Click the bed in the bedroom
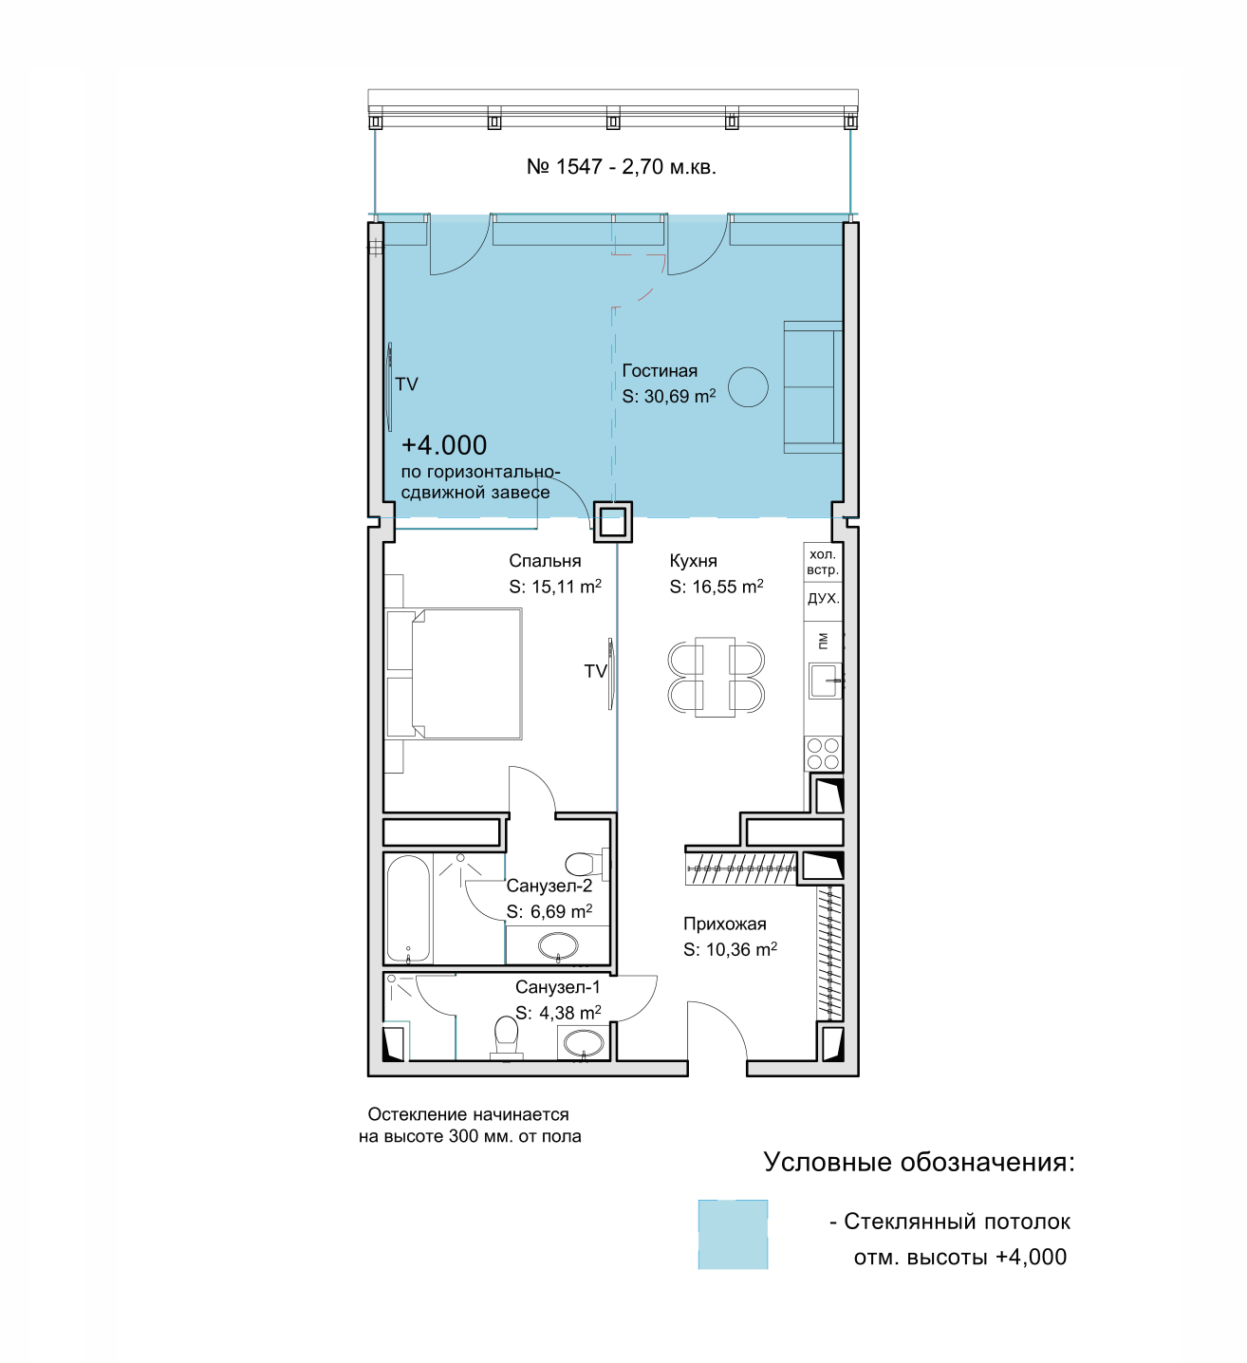tap(454, 673)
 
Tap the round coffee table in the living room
tap(748, 386)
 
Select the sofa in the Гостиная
tap(812, 386)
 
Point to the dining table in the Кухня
tap(715, 677)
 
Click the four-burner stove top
tap(823, 754)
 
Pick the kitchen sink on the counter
tap(825, 681)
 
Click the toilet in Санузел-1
tap(506, 1036)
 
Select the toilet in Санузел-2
tap(586, 864)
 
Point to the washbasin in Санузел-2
tap(558, 945)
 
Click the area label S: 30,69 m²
tap(669, 396)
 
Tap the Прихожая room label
tap(724, 924)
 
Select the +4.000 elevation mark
tap(444, 445)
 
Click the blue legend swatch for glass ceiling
tap(733, 1235)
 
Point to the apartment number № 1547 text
tap(565, 166)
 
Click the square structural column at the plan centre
tap(613, 522)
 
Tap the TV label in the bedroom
tap(595, 671)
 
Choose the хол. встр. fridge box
tap(823, 562)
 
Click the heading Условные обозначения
tap(919, 1162)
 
